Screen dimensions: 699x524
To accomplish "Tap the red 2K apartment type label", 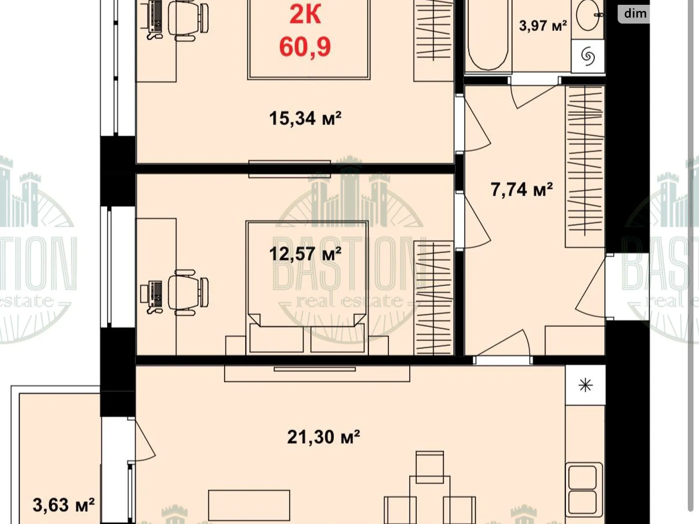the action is click(305, 14).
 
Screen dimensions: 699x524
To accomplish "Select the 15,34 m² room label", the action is click(305, 118).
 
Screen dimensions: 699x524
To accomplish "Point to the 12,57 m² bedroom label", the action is click(305, 254).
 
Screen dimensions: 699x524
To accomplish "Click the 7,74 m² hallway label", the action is click(522, 190).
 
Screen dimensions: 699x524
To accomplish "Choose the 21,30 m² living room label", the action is click(323, 437).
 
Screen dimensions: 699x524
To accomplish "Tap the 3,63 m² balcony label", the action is click(64, 505).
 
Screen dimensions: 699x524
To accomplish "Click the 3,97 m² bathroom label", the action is click(543, 25).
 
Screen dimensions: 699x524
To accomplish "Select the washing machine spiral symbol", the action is click(588, 56).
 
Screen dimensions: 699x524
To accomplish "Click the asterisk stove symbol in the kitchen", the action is click(585, 386).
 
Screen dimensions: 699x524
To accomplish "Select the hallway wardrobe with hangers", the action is click(585, 166).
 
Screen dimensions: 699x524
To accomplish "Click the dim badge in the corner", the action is click(635, 14).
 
